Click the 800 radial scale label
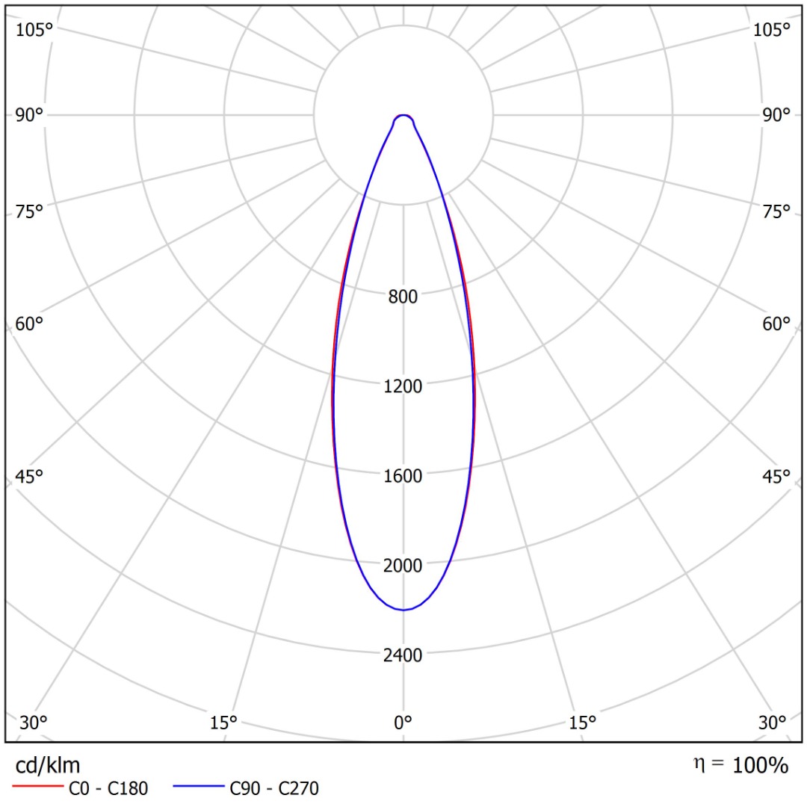[403, 297]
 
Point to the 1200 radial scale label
[403, 386]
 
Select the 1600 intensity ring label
[403, 476]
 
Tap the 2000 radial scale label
[403, 566]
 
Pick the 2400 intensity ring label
[403, 655]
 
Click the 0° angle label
[403, 723]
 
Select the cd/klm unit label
[48, 765]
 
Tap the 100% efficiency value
[760, 765]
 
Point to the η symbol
[699, 764]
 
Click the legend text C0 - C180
[108, 788]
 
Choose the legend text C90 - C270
[274, 788]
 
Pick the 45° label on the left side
[29, 477]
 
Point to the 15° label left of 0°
[223, 723]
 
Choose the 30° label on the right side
[772, 723]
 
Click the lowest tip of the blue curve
[403, 610]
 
